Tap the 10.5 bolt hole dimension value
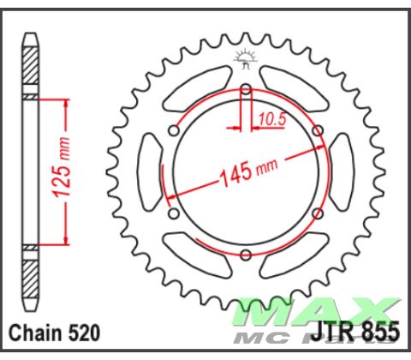(271, 120)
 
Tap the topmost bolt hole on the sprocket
(246, 88)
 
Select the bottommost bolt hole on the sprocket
(246, 255)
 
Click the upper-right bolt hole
(318, 130)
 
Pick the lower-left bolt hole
(174, 213)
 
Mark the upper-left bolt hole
(174, 130)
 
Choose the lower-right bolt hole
(318, 213)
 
